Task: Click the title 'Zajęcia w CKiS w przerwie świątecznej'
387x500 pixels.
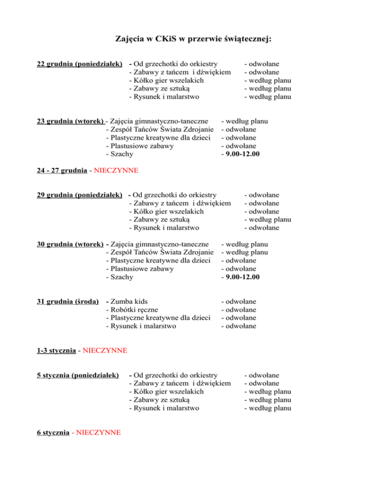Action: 193,38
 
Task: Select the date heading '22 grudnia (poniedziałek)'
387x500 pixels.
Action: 80,64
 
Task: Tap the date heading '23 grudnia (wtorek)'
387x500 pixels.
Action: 71,121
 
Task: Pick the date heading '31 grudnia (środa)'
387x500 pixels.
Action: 68,301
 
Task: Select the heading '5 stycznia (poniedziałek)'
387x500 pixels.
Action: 78,375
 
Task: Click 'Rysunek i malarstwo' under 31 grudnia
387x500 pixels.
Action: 143,326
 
